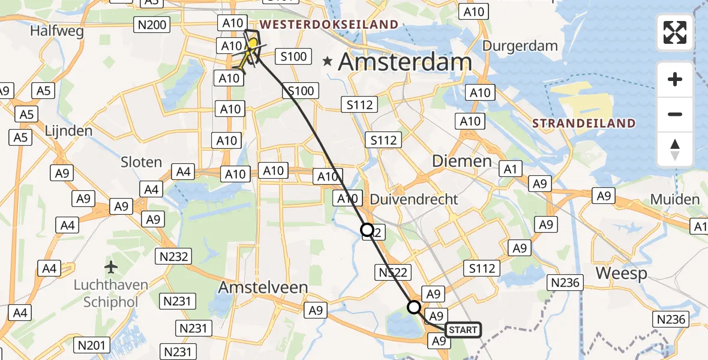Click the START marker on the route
point(463,330)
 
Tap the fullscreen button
point(675,32)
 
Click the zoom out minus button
point(675,114)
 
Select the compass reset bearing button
point(675,149)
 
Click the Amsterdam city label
point(405,62)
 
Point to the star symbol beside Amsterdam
point(328,61)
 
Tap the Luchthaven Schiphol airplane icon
point(111,266)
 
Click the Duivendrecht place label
point(414,199)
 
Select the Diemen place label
point(463,161)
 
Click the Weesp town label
point(622,274)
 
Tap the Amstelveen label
point(263,287)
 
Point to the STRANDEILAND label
point(583,124)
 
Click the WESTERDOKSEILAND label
point(329,25)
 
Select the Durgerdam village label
point(520,46)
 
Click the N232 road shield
point(173,257)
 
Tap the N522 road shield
point(393,273)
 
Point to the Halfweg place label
point(57,31)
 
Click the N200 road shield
point(153,25)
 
